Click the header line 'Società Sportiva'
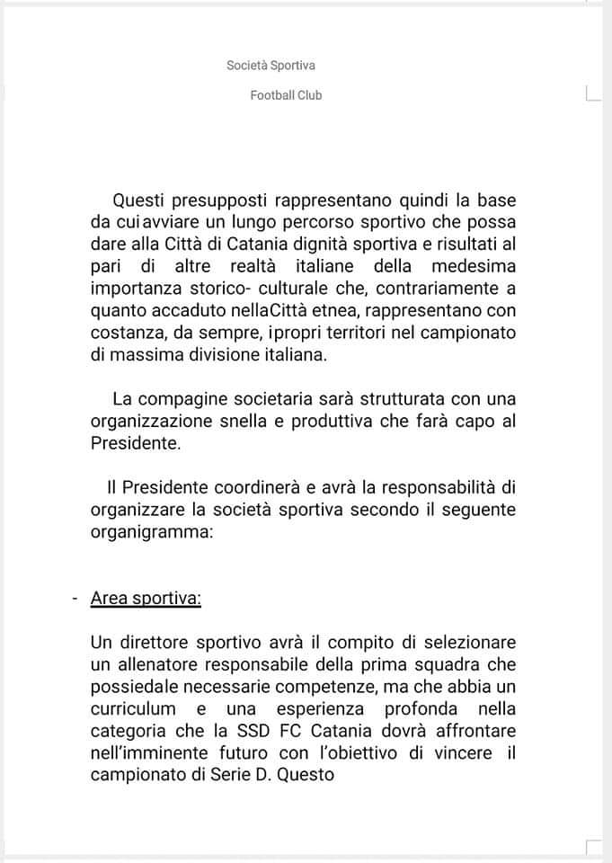271,66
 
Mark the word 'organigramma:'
151,531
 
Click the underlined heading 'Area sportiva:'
146,598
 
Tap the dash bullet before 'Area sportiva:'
75,598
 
